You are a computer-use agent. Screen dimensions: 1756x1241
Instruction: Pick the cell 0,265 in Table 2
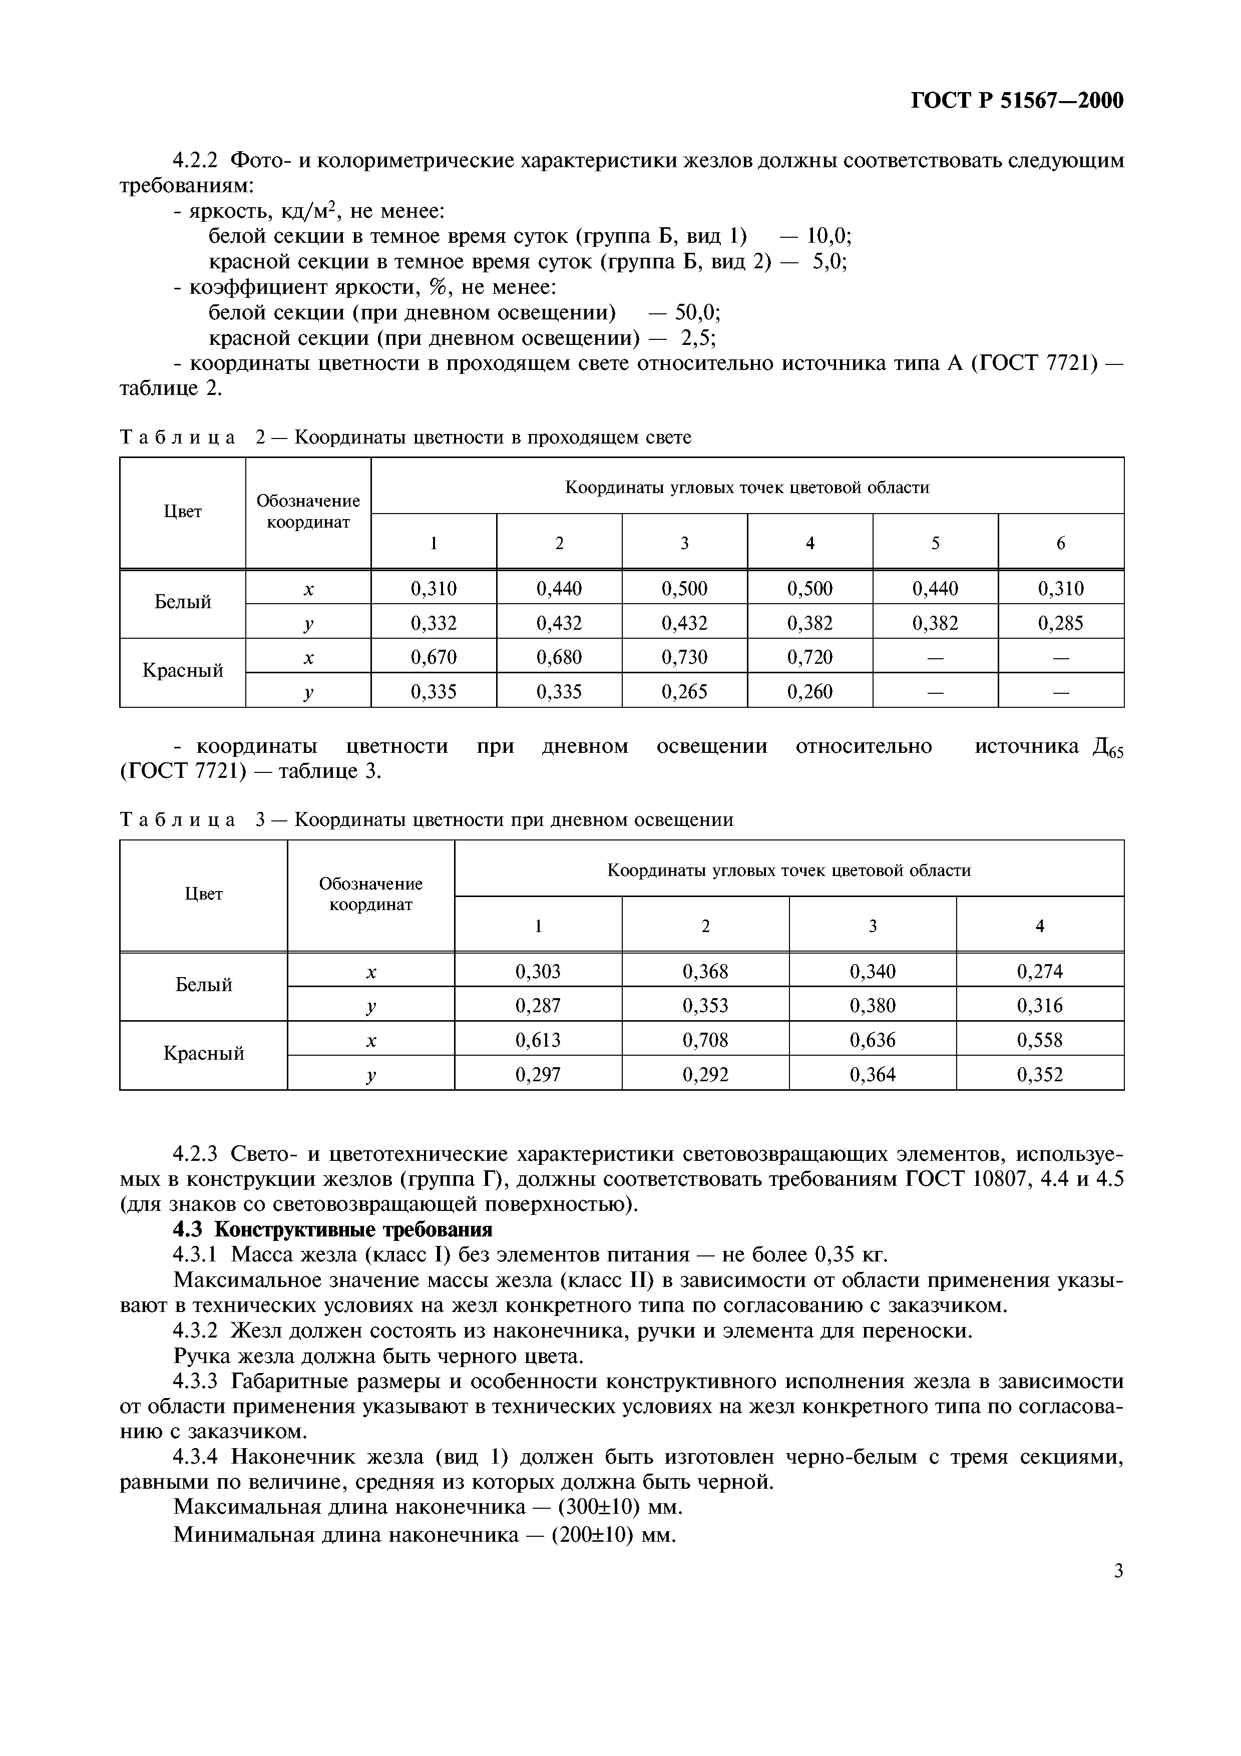click(x=684, y=691)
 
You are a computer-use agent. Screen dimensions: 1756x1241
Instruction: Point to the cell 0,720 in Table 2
click(x=810, y=657)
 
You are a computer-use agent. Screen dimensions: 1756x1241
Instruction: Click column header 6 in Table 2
click(x=1061, y=543)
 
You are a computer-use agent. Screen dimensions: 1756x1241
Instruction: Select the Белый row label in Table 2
click(x=183, y=602)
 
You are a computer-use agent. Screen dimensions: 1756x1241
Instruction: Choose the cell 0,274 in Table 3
click(x=1039, y=971)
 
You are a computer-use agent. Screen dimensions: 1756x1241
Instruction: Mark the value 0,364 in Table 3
click(x=873, y=1075)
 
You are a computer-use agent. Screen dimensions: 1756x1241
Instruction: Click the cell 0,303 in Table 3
click(x=538, y=971)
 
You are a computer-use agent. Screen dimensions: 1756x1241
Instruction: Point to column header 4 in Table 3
click(x=1039, y=926)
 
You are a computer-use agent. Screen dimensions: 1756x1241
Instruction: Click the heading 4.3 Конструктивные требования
click(x=332, y=1208)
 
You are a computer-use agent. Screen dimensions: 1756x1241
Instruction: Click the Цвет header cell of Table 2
click(x=183, y=512)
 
